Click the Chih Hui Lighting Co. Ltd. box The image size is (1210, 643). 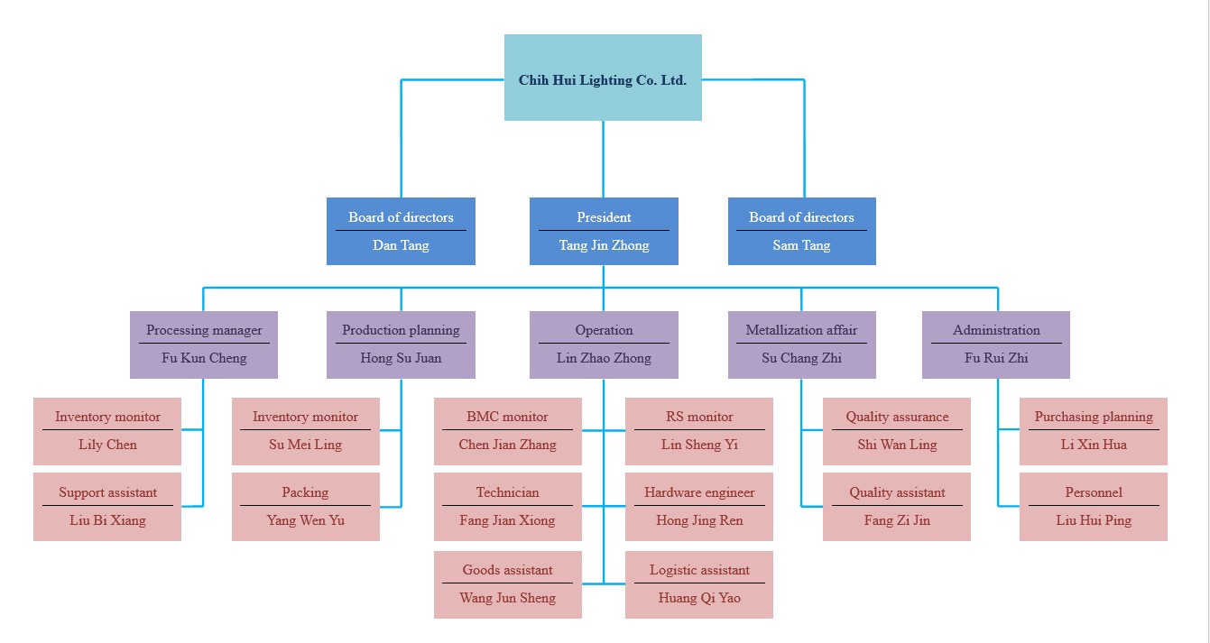pyautogui.click(x=603, y=78)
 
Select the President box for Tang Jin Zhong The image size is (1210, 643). pyautogui.click(x=604, y=231)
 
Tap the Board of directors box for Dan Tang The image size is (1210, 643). pyautogui.click(x=401, y=231)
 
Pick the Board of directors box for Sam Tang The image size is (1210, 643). pyautogui.click(x=801, y=231)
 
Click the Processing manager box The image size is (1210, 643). pyautogui.click(x=204, y=344)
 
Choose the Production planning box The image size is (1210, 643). pyautogui.click(x=401, y=344)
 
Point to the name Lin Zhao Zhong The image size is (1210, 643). pyautogui.click(x=604, y=358)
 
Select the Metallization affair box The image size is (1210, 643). pyautogui.click(x=801, y=344)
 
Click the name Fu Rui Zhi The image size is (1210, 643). pyautogui.click(x=996, y=358)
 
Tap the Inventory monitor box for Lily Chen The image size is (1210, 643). pyautogui.click(x=107, y=431)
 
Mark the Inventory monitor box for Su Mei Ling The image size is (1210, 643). pyautogui.click(x=305, y=431)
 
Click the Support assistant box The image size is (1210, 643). pyautogui.click(x=107, y=507)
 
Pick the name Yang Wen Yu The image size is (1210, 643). pyautogui.click(x=305, y=520)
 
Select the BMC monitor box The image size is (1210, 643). pyautogui.click(x=507, y=431)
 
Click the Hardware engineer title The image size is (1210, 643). pyautogui.click(x=699, y=492)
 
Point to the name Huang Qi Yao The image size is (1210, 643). pyautogui.click(x=699, y=598)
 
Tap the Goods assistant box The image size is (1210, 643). pyautogui.click(x=507, y=584)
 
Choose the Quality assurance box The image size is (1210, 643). pyautogui.click(x=897, y=431)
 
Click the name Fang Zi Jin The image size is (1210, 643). pyautogui.click(x=897, y=520)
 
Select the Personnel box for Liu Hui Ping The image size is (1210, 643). pyautogui.click(x=1094, y=507)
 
